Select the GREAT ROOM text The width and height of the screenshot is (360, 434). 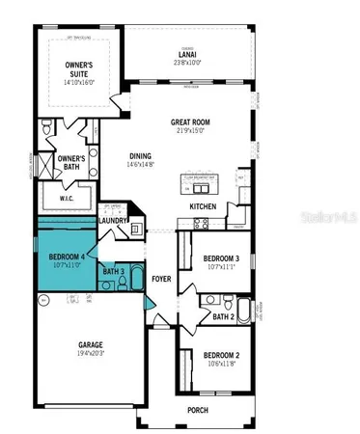[x=191, y=122]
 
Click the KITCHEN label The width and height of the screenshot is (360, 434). [x=203, y=206]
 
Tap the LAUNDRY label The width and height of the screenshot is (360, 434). [x=114, y=221]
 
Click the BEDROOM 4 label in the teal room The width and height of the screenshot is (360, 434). [x=68, y=257]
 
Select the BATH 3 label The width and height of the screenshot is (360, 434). [x=113, y=272]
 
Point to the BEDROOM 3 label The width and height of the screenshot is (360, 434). [x=221, y=258]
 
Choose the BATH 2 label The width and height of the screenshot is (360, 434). [x=223, y=316]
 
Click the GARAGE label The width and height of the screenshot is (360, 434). [x=90, y=345]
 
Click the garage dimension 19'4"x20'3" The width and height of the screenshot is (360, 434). [x=90, y=355]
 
